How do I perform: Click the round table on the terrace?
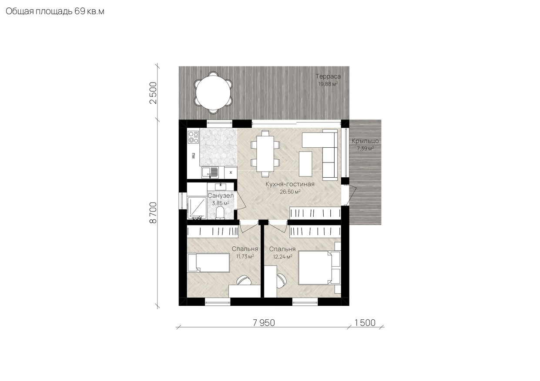pyautogui.click(x=213, y=93)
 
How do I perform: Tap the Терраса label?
pyautogui.click(x=328, y=76)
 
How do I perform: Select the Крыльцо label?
pyautogui.click(x=365, y=141)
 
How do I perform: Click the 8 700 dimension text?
pyautogui.click(x=153, y=213)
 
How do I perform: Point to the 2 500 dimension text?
pyautogui.click(x=153, y=93)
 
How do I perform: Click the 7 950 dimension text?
pyautogui.click(x=264, y=323)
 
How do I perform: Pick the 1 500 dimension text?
pyautogui.click(x=365, y=323)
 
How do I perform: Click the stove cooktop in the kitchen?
pyautogui.click(x=193, y=137)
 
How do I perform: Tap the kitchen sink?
pyautogui.click(x=210, y=172)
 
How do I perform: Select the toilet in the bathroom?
pyautogui.click(x=220, y=213)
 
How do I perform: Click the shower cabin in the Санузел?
pyautogui.click(x=197, y=208)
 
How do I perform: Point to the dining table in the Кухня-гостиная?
pyautogui.click(x=265, y=153)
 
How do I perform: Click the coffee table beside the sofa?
pyautogui.click(x=305, y=164)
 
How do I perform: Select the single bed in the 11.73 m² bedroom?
pyautogui.click(x=208, y=262)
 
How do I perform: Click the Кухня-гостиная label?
pyautogui.click(x=290, y=184)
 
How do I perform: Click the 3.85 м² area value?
pyautogui.click(x=221, y=203)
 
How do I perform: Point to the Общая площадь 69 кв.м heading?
pyautogui.click(x=55, y=12)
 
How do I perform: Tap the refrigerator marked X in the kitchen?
pyautogui.click(x=231, y=172)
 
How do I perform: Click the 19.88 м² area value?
pyautogui.click(x=328, y=84)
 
